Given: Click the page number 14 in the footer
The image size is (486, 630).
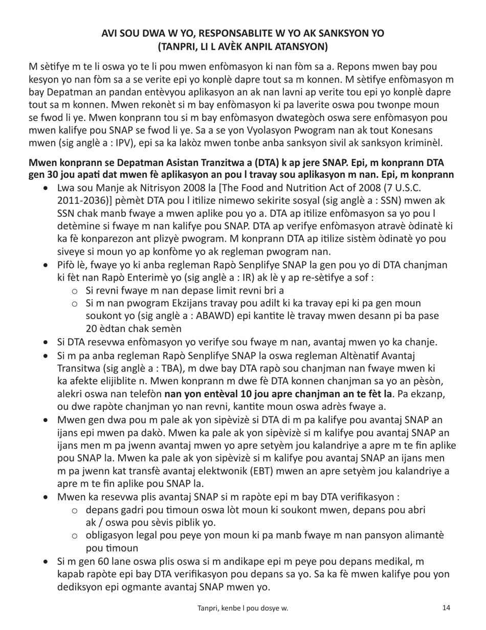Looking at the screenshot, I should [x=446, y=608].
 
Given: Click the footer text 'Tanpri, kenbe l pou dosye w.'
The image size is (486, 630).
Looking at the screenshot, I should [x=243, y=608].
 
